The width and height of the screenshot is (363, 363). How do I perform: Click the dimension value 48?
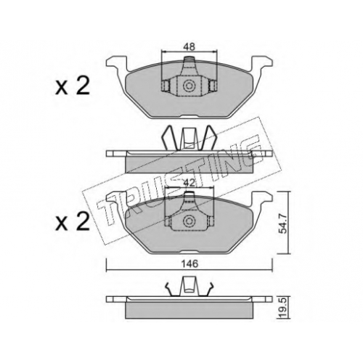coord(189,46)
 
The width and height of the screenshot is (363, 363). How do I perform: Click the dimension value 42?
coord(189,183)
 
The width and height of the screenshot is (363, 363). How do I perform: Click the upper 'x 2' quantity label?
coord(73,86)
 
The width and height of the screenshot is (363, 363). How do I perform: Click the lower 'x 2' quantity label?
coord(73,222)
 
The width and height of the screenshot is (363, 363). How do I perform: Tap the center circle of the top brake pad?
coord(189,86)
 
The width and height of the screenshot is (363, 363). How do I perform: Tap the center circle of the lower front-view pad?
coord(189,221)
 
